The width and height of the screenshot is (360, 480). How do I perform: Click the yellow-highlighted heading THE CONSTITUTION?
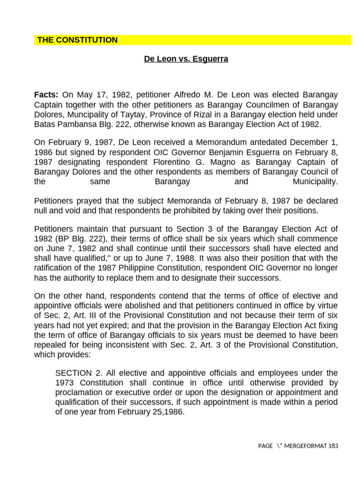pyautogui.click(x=77, y=40)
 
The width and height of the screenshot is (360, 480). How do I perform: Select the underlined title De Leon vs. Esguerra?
pyautogui.click(x=186, y=60)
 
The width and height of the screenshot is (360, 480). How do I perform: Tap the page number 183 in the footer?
pyautogui.click(x=333, y=446)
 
